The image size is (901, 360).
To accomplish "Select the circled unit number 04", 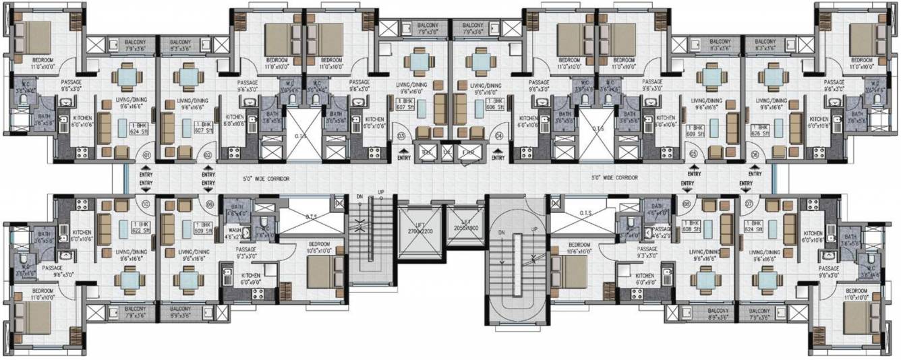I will coord(499,136).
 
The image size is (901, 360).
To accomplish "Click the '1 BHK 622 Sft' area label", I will coord(139,227).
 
